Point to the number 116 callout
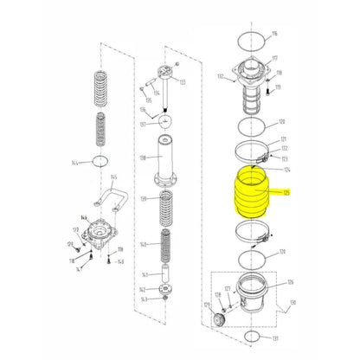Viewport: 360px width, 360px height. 274,34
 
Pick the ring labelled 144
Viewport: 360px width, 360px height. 101,161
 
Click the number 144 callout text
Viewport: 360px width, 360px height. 76,163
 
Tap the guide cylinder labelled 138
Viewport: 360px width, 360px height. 166,160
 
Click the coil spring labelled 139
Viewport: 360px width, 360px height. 166,210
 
